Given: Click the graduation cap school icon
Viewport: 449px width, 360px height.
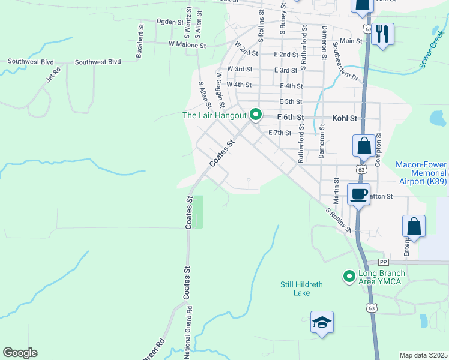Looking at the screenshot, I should (322, 322).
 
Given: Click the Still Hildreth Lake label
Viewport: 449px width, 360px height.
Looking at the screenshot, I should (295, 289).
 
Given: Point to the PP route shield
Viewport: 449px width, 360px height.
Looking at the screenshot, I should (384, 262).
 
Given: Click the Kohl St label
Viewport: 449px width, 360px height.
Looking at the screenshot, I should (345, 118).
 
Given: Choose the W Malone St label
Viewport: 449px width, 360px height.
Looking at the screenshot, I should (187, 45).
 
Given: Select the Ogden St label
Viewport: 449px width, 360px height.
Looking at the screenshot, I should (170, 22).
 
